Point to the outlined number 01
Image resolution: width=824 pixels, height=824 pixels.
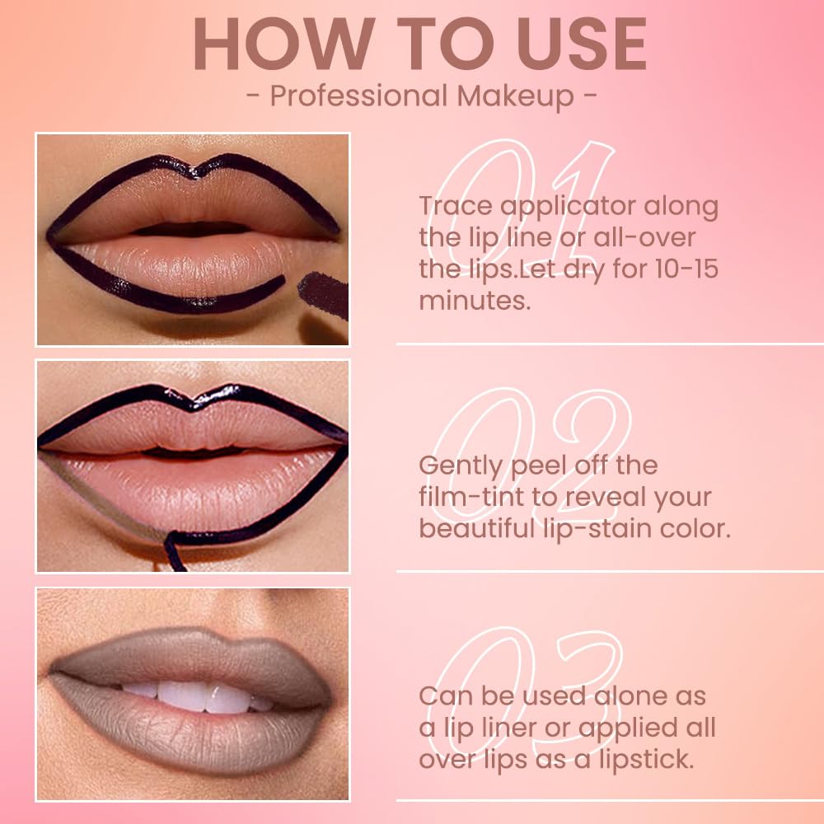tap(527, 190)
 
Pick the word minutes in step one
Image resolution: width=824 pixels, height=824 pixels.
tap(474, 300)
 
